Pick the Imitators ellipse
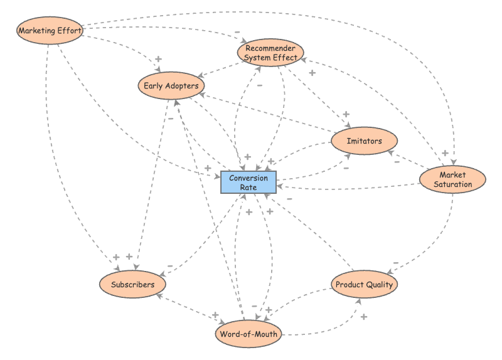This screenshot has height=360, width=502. coord(364,141)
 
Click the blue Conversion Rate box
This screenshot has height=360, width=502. coord(248,183)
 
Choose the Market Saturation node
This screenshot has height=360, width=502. coord(452,179)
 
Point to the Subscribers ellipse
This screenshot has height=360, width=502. coord(132,285)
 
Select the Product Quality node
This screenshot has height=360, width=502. coord(364,285)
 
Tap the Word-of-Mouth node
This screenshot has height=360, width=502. coord(248,334)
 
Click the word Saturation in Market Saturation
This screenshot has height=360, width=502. coord(452,184)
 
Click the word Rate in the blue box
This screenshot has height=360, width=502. coord(248,188)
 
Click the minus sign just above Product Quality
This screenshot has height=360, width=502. coord(395,263)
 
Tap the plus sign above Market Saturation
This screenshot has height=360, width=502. coord(444,153)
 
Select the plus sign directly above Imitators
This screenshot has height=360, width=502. coord(345,115)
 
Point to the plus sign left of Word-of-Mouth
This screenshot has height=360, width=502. coord(215,315)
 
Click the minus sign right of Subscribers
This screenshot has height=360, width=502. coord(170,266)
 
